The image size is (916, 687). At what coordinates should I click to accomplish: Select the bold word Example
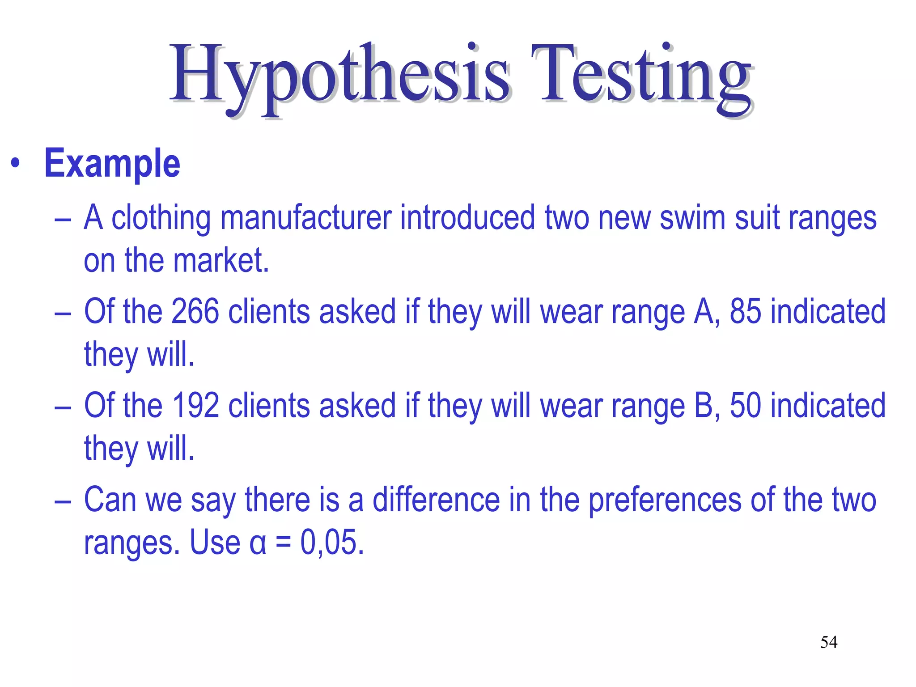pos(112,164)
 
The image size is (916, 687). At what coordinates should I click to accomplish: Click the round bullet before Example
pos(16,163)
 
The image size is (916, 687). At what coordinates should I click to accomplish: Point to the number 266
pos(195,311)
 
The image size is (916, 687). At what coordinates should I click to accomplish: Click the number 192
pos(195,406)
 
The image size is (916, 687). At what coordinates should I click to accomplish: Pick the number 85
pos(745,311)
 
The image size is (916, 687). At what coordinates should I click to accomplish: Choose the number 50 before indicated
pos(745,406)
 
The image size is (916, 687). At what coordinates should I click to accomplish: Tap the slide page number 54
pos(829,642)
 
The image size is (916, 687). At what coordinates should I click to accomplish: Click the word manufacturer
pos(306,218)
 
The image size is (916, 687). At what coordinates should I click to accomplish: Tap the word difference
pos(436,500)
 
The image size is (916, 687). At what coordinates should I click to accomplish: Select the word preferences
pos(665,500)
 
